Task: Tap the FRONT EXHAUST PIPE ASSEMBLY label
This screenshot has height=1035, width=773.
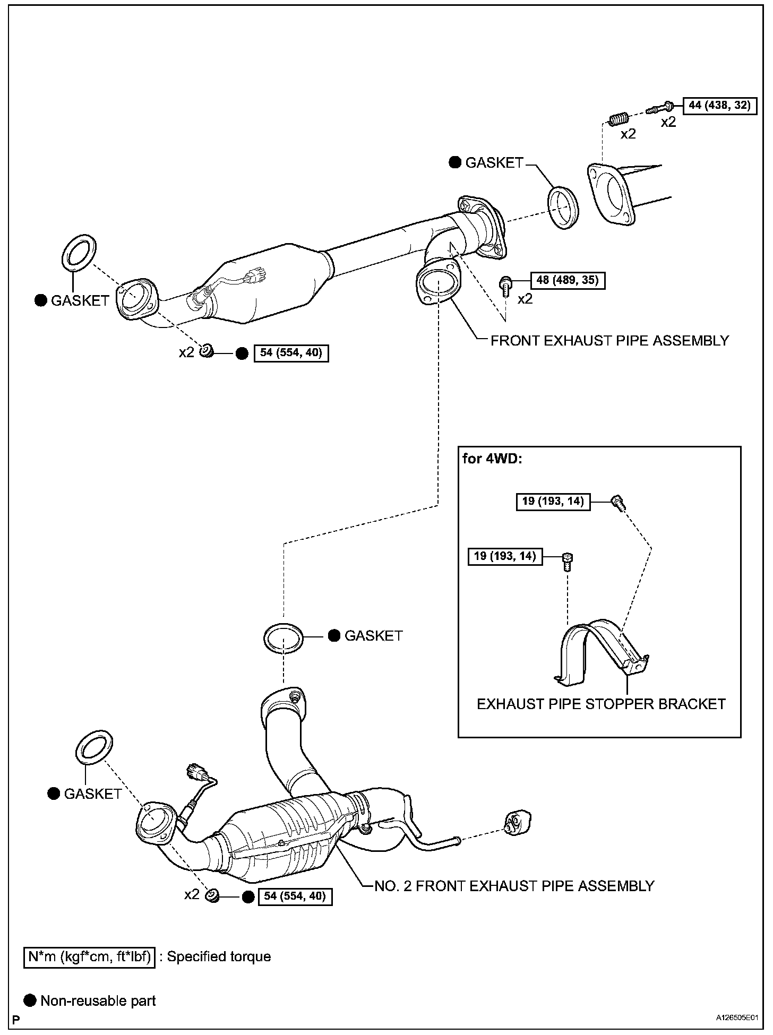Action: coord(609,340)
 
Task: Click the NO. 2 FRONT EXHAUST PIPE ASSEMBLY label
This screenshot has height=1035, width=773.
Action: coord(514,885)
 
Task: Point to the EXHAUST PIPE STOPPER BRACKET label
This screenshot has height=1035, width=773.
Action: coord(601,704)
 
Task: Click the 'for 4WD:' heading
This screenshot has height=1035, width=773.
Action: coord(492,458)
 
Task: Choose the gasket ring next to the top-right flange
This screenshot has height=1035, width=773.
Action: coord(563,206)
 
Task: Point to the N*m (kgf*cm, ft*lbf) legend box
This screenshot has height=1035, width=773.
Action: coord(90,956)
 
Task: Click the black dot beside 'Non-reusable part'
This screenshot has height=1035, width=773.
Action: coord(31,1000)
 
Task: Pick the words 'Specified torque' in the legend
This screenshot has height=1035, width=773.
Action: coord(219,956)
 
